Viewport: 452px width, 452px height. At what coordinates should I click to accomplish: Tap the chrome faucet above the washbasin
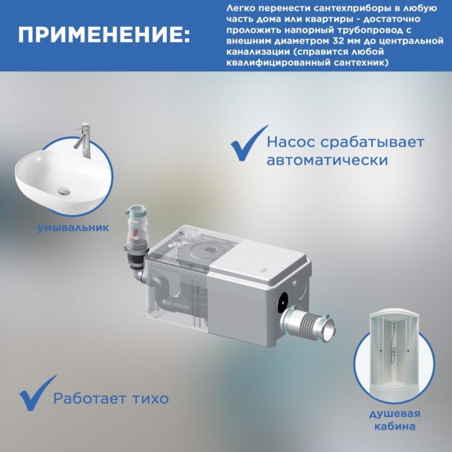tap(83, 140)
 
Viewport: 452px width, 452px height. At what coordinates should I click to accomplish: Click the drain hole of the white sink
tap(64, 190)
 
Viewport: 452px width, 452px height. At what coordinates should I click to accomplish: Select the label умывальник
tap(73, 228)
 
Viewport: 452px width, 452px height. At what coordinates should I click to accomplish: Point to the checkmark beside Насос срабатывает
tap(249, 144)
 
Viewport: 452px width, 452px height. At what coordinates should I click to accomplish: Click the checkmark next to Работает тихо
tap(38, 393)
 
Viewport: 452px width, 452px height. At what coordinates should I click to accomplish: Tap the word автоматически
tap(327, 160)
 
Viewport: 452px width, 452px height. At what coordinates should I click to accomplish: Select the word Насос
tap(291, 142)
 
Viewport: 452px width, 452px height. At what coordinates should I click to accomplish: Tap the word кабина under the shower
tap(395, 426)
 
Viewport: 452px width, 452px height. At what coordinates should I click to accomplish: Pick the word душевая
tap(395, 414)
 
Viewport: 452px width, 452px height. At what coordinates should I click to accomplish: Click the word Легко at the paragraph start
tap(241, 8)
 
